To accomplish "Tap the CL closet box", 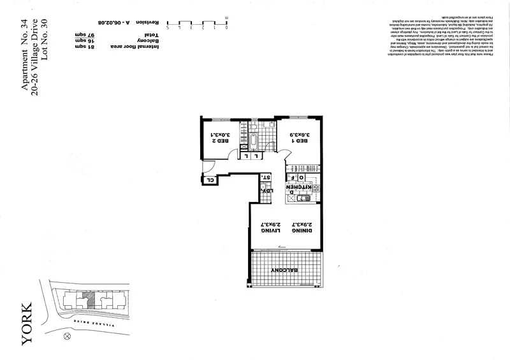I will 209,180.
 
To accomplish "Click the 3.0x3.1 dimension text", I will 219,135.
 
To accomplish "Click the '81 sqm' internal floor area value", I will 84,47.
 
